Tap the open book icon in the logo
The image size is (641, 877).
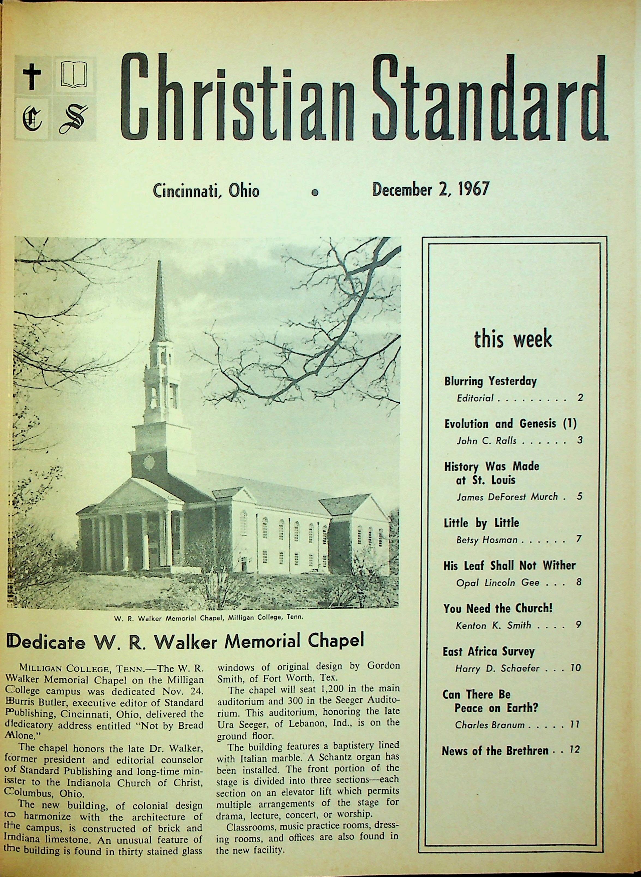[x=74, y=74]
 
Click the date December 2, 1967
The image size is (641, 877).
[x=431, y=190]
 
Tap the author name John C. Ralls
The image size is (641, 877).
[x=486, y=441]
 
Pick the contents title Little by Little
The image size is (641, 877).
[x=481, y=523]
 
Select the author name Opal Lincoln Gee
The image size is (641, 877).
[x=497, y=582]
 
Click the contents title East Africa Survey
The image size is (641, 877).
[x=489, y=651]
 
